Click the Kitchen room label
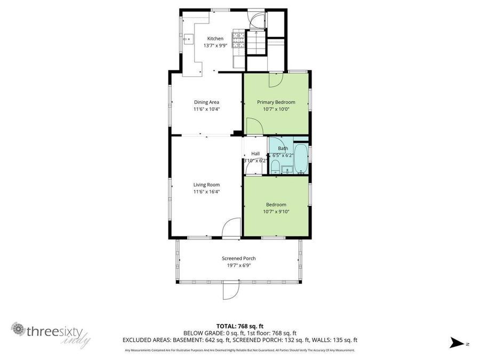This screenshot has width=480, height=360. (215, 38)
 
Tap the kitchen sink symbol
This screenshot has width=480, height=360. (188, 39)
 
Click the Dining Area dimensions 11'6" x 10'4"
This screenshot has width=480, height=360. (206, 109)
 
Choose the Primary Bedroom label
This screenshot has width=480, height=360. (276, 102)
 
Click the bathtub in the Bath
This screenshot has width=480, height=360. (301, 158)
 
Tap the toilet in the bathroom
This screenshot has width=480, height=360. (275, 167)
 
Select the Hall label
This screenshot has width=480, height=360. (255, 154)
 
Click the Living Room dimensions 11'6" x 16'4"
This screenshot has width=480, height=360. (206, 192)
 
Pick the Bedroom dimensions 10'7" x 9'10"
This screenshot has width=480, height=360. (276, 212)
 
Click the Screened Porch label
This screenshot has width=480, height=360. (238, 259)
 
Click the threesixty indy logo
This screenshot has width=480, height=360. (51, 333)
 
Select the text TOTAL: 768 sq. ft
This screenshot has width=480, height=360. (239, 326)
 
